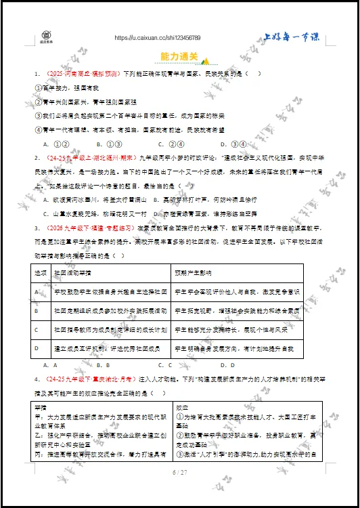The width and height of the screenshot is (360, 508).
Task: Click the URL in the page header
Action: (157, 38)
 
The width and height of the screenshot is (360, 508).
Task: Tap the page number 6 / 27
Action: (179, 471)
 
